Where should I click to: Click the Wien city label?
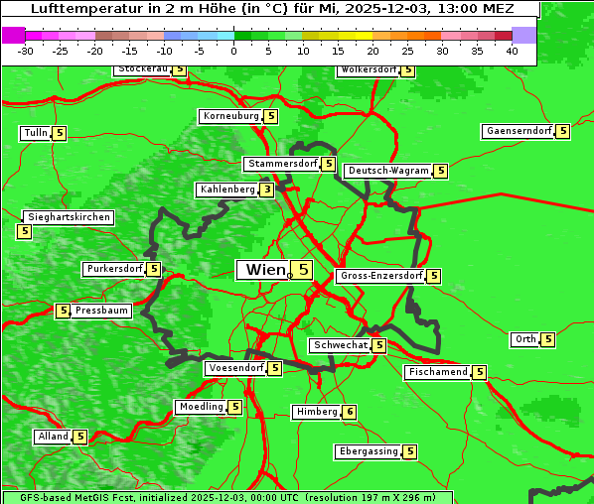(263, 270)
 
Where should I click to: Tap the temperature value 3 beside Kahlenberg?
(267, 189)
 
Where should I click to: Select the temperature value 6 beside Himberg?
(349, 412)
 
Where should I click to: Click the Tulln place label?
(35, 133)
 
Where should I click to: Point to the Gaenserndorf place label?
(518, 131)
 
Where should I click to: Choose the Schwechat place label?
(340, 345)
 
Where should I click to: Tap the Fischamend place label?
(437, 372)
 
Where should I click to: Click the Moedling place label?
(201, 407)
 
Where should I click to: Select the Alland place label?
(53, 437)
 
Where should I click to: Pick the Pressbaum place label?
(102, 311)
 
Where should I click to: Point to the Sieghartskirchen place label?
(69, 217)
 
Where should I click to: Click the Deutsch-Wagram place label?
(388, 171)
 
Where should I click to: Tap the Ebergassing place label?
(369, 451)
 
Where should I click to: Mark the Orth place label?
(524, 339)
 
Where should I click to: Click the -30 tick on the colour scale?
(26, 50)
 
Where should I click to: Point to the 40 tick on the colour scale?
(512, 50)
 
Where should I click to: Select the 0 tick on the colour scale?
(233, 50)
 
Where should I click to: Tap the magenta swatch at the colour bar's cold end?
(14, 35)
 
